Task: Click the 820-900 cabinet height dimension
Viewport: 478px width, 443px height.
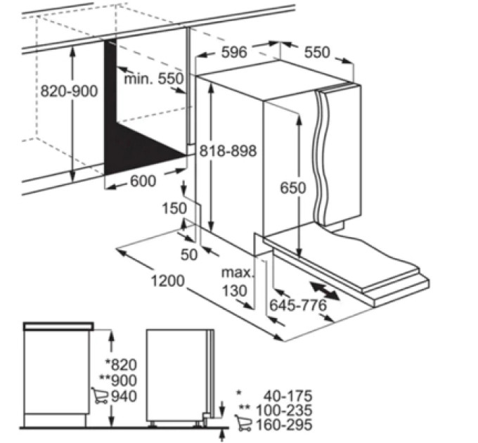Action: click(x=69, y=91)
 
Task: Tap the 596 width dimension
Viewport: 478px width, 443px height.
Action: click(x=234, y=52)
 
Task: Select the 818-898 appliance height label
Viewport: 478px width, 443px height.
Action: click(x=228, y=150)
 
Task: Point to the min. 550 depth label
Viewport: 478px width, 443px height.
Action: click(x=154, y=79)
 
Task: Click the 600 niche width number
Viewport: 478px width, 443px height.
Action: click(x=143, y=181)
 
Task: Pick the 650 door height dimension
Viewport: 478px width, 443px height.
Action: click(x=293, y=188)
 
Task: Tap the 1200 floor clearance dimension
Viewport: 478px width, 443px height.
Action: click(x=168, y=281)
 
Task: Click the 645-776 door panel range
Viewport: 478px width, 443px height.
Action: click(x=298, y=305)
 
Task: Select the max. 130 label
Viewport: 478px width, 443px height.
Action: click(x=237, y=282)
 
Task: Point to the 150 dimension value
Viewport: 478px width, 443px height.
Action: click(x=174, y=208)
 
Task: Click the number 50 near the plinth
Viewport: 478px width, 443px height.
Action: click(x=189, y=255)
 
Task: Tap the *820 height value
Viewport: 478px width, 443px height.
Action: click(x=121, y=364)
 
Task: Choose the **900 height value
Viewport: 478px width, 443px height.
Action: click(x=118, y=380)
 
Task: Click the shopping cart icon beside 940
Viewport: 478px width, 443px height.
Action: click(x=99, y=395)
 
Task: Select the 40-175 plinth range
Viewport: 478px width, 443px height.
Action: click(x=288, y=396)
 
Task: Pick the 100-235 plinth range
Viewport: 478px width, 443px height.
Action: click(x=284, y=410)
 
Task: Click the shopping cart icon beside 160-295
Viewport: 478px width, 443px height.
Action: click(x=244, y=423)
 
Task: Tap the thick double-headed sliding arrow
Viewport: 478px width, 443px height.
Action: click(x=325, y=291)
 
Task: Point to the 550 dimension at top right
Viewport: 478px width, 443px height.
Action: click(x=317, y=52)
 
